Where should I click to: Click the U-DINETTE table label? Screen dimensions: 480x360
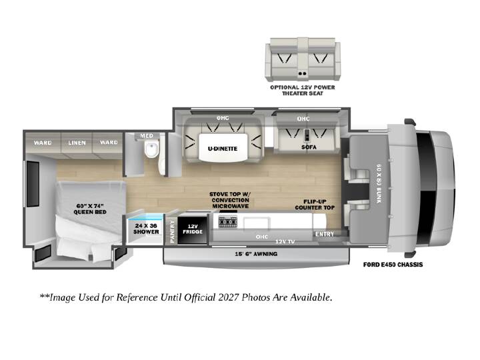tap(223, 149)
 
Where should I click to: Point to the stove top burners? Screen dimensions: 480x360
tap(228, 221)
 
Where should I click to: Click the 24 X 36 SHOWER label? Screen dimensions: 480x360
tap(146, 229)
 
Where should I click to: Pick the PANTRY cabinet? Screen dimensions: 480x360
tap(172, 231)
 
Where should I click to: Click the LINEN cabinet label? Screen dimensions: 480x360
tap(77, 143)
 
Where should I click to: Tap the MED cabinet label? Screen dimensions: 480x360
tap(147, 136)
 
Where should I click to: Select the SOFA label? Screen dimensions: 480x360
tap(309, 147)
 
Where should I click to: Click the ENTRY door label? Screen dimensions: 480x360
tap(325, 234)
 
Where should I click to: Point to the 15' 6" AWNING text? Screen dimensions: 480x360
tap(256, 254)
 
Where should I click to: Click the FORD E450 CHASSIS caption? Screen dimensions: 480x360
tap(393, 265)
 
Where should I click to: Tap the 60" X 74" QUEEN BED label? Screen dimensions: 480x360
tap(90, 209)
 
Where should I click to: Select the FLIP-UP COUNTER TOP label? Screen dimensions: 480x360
tap(315, 205)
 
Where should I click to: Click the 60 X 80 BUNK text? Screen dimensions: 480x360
tap(379, 184)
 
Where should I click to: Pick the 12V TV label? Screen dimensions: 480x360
tap(285, 242)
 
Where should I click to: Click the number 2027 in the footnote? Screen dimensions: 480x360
tap(229, 297)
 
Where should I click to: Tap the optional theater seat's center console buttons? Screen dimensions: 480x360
tap(303, 74)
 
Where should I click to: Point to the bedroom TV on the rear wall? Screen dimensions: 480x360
tap(33, 184)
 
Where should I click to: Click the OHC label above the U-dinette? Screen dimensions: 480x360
tap(223, 118)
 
